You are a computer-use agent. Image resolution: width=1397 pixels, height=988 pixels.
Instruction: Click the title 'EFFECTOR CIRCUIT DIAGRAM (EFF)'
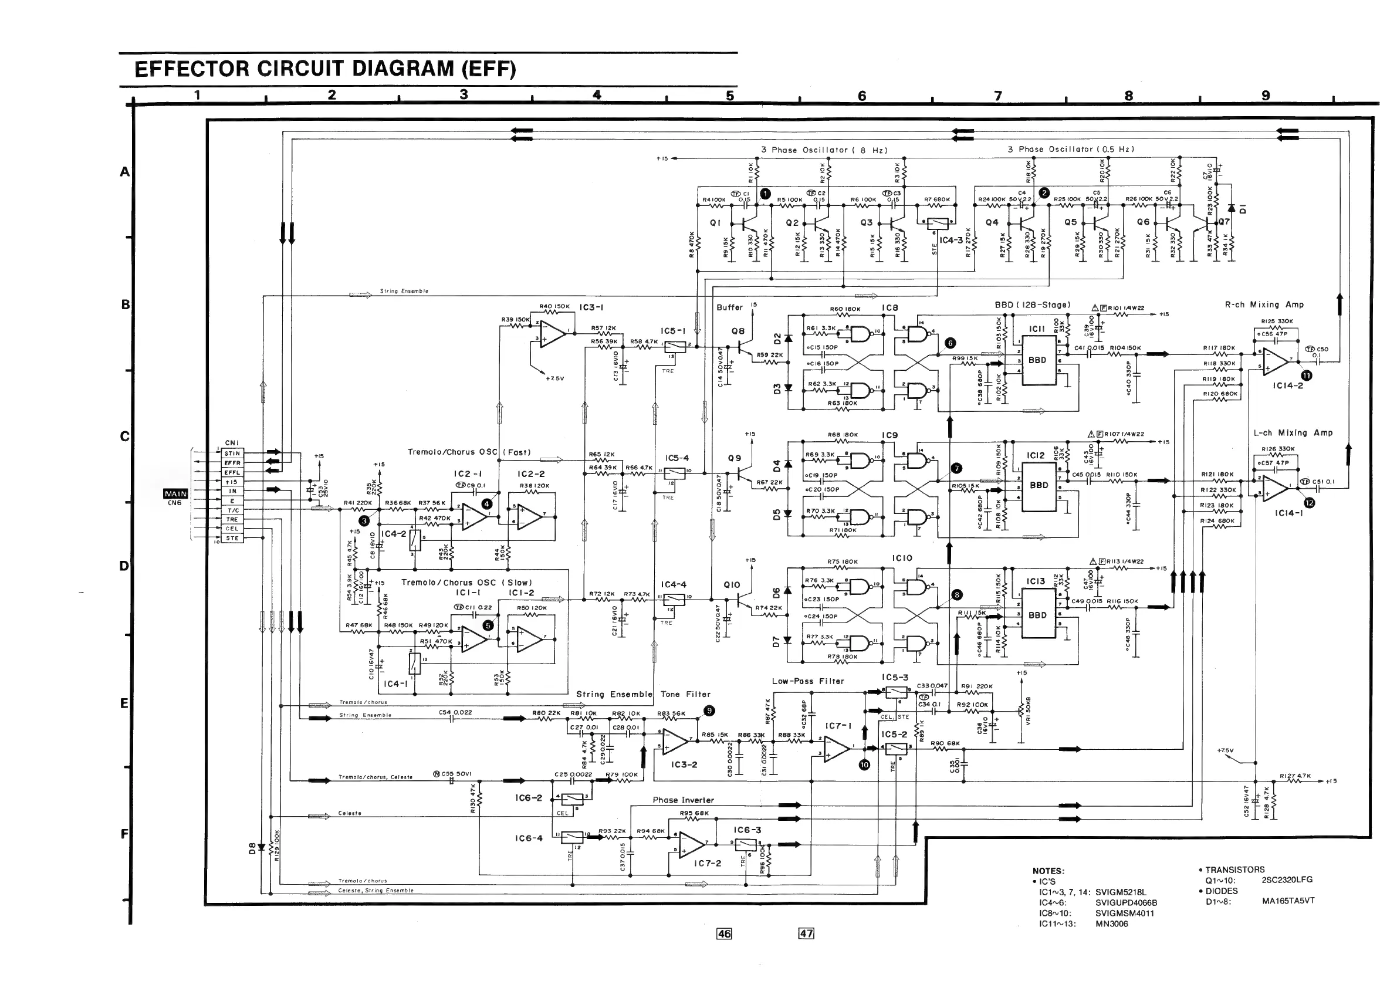pos(325,69)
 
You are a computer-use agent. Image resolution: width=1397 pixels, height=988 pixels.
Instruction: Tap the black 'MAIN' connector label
pos(175,493)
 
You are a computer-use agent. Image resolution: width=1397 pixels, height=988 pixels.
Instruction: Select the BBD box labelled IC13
pos(1038,615)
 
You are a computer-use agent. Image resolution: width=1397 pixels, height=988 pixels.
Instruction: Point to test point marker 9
pos(709,710)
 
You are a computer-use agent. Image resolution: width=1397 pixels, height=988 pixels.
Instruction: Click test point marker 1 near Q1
pos(766,194)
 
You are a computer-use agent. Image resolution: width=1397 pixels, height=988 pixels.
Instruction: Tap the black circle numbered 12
pos(1310,503)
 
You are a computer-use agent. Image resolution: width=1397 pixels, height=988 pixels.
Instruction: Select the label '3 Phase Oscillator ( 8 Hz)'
pos(824,150)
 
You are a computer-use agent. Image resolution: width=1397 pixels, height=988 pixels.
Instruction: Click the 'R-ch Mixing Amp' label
pos(1264,304)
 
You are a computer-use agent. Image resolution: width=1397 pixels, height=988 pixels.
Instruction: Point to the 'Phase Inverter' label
pos(684,800)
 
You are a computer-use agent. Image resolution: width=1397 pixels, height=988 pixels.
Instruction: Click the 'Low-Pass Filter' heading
pos(808,681)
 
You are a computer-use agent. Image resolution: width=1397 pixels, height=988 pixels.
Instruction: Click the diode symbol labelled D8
pos(261,847)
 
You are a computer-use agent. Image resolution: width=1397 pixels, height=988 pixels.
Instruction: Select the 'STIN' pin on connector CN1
pos(232,454)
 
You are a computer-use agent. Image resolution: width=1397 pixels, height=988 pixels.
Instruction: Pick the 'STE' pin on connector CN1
pos(232,539)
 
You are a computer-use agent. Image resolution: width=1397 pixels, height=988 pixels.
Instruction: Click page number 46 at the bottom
pos(724,934)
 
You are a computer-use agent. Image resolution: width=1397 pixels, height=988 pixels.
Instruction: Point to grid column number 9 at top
pos(1266,96)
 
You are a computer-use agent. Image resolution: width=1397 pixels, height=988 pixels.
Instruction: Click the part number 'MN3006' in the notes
pos(1112,923)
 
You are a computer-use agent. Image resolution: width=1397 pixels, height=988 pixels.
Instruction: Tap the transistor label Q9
pos(735,458)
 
